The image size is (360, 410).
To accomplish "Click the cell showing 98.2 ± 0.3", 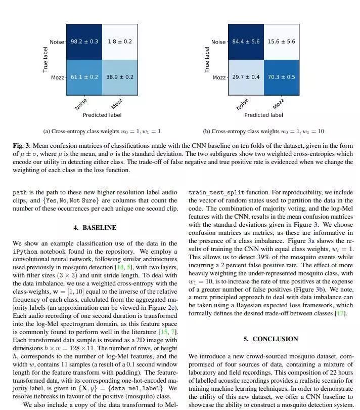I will click(x=84, y=42).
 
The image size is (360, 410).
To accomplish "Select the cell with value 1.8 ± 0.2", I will click(x=120, y=42).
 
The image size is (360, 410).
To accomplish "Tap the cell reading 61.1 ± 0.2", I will click(x=84, y=77).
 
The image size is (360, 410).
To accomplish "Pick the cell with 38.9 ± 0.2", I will click(x=120, y=77).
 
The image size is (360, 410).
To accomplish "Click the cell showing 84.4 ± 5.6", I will click(x=246, y=42).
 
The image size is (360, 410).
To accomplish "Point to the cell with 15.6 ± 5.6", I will click(x=281, y=42).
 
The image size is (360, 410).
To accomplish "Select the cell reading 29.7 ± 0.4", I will click(x=246, y=77).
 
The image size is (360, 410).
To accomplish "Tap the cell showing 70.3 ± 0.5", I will click(x=281, y=77).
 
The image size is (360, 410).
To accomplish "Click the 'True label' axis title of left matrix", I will click(x=46, y=60).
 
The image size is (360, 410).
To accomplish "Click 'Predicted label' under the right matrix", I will click(x=263, y=115).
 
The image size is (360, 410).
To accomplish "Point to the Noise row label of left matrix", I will click(x=57, y=42).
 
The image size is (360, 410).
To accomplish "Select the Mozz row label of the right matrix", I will click(x=219, y=77).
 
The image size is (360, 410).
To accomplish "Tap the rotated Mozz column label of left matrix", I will click(x=117, y=104).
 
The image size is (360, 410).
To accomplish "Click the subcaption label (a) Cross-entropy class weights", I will click(x=102, y=131).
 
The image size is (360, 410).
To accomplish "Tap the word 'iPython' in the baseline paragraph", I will click(x=25, y=252).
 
